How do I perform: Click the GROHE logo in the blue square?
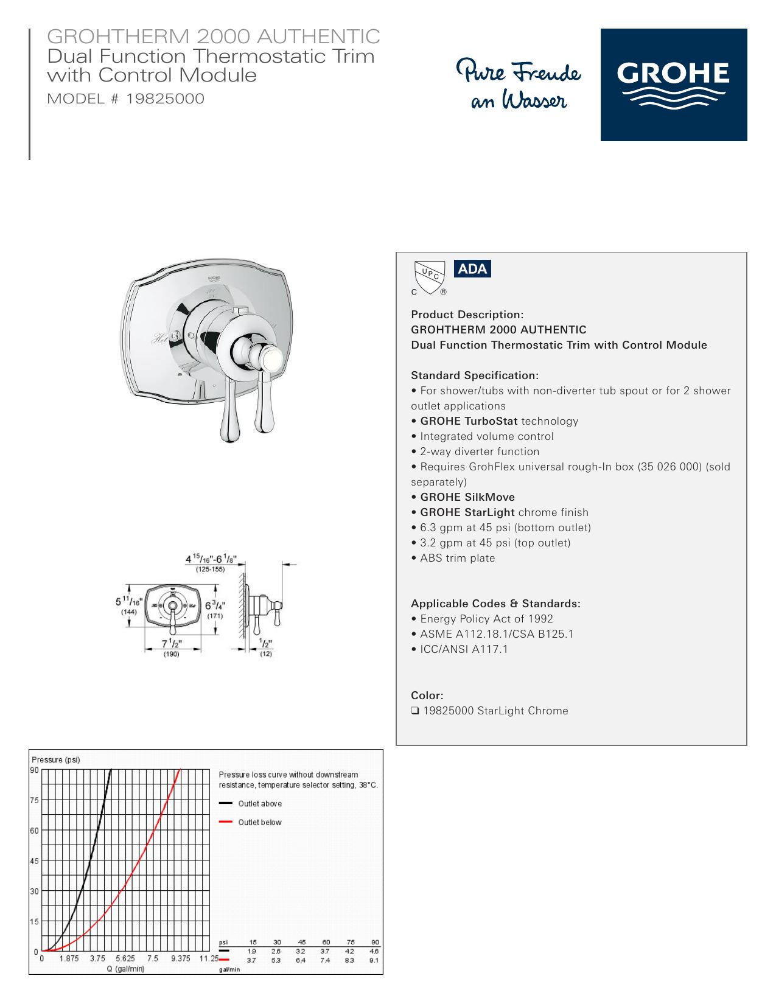point(673,85)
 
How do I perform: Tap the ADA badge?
point(472,269)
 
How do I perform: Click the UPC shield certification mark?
point(429,277)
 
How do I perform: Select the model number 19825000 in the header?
point(165,99)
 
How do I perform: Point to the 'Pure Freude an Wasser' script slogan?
point(519,83)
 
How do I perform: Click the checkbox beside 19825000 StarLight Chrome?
point(414,711)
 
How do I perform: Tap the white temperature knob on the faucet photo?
point(270,358)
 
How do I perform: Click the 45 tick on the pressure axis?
point(34,861)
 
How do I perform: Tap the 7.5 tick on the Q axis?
point(153,958)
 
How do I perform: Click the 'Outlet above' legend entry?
point(250,803)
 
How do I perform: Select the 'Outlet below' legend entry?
point(250,822)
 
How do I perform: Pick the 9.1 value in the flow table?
point(374,960)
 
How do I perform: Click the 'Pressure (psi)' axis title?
point(56,759)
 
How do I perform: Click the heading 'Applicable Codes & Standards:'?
point(495,604)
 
